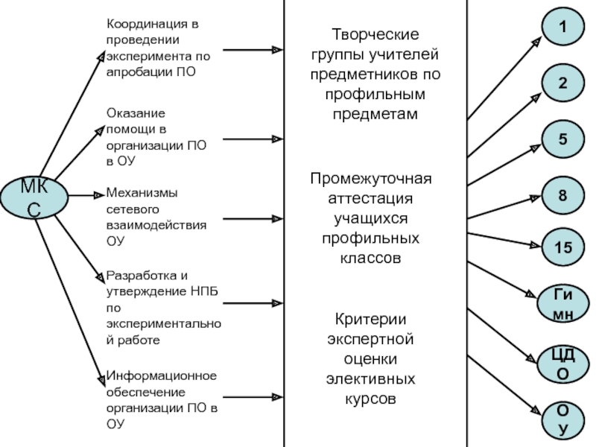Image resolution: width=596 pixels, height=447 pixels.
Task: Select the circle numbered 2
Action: tap(562, 84)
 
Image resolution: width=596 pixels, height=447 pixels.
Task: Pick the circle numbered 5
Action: tap(562, 139)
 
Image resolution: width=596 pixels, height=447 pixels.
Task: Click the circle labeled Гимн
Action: tap(562, 303)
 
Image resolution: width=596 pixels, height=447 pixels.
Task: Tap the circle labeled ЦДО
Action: tap(562, 363)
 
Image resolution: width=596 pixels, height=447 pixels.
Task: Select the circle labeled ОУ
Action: tap(562, 419)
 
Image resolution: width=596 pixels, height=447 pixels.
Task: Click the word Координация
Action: tap(147, 25)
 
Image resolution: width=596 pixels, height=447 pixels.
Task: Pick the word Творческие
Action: tap(375, 35)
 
